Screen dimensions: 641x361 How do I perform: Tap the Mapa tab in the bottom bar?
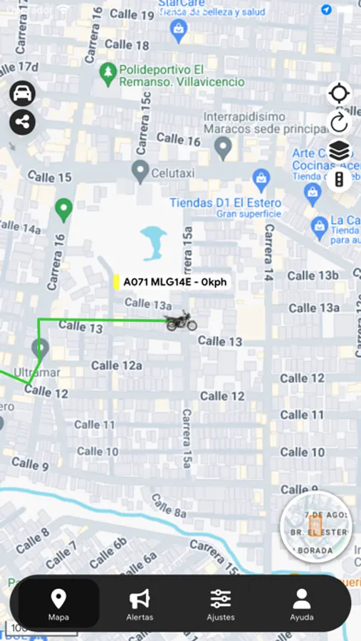[58, 604]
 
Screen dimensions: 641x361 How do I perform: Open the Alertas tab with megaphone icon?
[140, 604]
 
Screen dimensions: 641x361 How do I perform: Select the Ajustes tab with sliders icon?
[221, 604]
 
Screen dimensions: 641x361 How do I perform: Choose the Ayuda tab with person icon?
[302, 604]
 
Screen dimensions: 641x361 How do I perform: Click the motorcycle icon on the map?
[181, 321]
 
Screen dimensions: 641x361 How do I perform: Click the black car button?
[23, 94]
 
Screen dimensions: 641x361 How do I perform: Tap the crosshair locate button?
[340, 94]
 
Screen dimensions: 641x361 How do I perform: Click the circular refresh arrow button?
[340, 123]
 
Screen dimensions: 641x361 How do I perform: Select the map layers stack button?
[340, 151]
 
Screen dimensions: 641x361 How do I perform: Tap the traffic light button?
[340, 179]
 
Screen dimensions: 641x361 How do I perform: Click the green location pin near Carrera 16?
[64, 209]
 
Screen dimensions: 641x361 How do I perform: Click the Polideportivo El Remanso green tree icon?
[108, 73]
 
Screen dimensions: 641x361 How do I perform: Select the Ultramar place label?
[37, 372]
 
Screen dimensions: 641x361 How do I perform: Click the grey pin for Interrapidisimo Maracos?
[224, 148]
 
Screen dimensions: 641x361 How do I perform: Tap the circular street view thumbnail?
[317, 528]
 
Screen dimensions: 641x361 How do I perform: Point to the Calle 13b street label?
[313, 275]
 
